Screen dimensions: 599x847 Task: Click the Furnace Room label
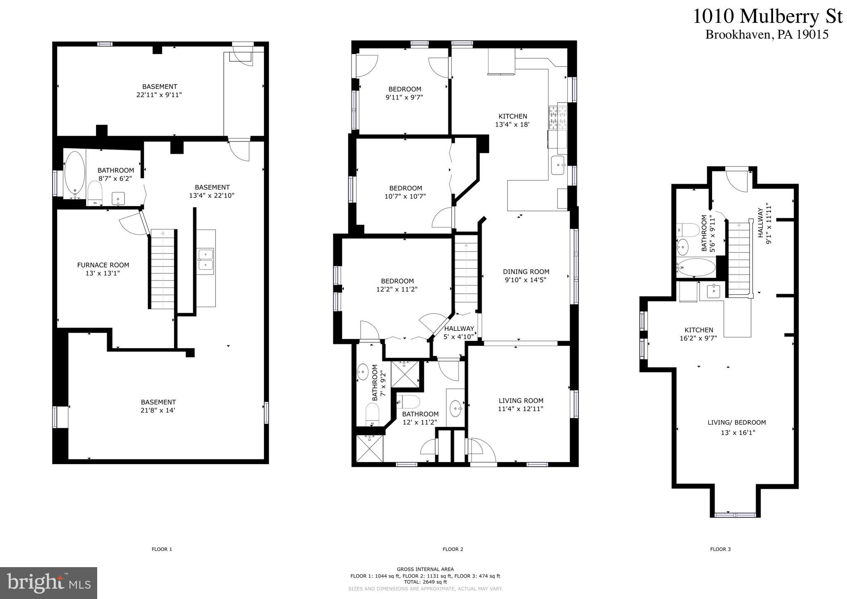pos(103,269)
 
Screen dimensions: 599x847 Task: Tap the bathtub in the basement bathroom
pos(75,175)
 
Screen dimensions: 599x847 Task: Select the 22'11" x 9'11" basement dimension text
pos(159,95)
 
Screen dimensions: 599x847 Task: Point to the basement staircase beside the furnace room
pos(163,269)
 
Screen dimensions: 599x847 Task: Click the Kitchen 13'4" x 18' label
pos(512,120)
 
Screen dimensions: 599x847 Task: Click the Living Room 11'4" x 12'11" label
pos(521,405)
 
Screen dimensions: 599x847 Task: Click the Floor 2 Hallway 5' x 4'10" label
pos(459,332)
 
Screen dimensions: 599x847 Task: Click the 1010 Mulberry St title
pos(767,17)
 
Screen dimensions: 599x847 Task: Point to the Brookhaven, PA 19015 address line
pos(767,34)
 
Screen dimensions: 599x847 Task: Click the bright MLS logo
pos(49,583)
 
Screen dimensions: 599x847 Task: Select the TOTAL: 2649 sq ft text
pos(425,582)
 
